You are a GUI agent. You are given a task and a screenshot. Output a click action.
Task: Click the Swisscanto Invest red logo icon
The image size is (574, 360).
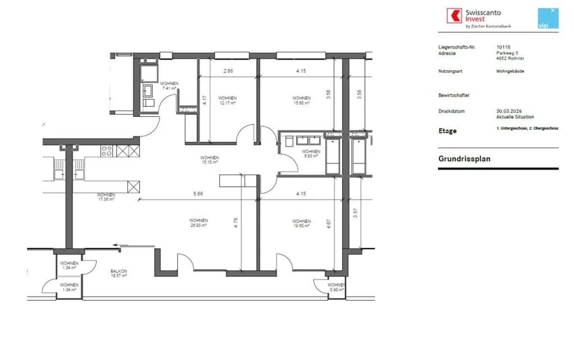click(x=454, y=16)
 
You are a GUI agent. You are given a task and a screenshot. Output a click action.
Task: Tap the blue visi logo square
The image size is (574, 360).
click(x=548, y=18)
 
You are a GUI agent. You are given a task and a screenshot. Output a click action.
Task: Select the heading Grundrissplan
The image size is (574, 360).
click(x=464, y=159)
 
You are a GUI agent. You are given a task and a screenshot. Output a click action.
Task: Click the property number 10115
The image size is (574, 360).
click(x=503, y=47)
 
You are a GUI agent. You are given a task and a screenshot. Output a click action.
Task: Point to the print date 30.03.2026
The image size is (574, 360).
click(x=509, y=111)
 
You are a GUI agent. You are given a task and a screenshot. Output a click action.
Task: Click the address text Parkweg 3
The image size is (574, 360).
click(x=507, y=53)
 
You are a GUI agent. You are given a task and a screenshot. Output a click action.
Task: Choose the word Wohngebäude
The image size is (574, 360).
click(x=510, y=71)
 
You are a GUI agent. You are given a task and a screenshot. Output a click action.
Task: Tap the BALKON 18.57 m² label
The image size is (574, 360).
click(x=119, y=273)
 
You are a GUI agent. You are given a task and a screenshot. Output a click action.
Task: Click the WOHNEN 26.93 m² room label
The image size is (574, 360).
click(x=199, y=222)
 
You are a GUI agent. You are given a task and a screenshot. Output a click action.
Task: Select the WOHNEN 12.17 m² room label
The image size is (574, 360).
click(x=227, y=100)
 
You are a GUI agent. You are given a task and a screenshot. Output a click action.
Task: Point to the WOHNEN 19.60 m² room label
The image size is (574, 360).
click(x=301, y=223)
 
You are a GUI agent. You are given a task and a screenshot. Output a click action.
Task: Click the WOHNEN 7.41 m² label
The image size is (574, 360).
click(x=169, y=86)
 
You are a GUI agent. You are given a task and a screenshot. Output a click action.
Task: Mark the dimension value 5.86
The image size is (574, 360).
click(x=198, y=194)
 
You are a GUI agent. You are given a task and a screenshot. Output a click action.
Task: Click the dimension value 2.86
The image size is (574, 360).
click(x=228, y=71)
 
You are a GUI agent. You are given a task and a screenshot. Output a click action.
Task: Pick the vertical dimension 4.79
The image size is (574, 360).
click(x=236, y=222)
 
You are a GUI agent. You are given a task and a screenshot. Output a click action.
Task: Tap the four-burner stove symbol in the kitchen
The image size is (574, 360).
click(x=106, y=151)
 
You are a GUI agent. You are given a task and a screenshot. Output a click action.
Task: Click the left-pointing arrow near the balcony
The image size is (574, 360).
click(x=116, y=246)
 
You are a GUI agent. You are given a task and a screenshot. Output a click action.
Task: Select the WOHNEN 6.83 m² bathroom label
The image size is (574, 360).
click(x=311, y=153)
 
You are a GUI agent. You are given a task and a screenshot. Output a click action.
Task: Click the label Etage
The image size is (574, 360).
click(x=447, y=131)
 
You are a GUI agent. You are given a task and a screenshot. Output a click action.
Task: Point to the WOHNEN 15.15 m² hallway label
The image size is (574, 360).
click(x=209, y=160)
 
